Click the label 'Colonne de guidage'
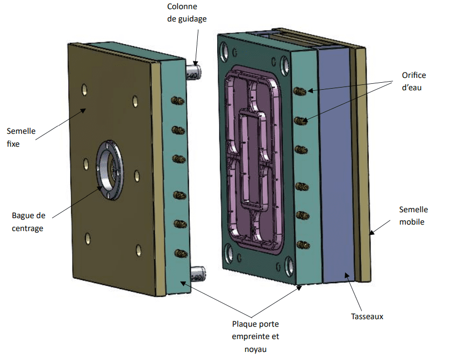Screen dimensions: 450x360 [x=187, y=12]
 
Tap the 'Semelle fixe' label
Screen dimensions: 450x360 [x=21, y=138]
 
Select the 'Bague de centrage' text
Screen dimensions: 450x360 [x=28, y=222]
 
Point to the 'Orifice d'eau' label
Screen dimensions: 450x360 [x=414, y=81]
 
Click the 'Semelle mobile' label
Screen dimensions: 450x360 [x=413, y=215]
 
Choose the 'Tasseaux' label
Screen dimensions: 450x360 [x=367, y=316]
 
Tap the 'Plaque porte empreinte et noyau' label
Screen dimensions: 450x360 [x=255, y=336]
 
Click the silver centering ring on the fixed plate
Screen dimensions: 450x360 [x=110, y=170]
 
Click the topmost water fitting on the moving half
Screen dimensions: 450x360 [x=300, y=91]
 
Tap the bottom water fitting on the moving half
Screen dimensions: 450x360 [x=303, y=245]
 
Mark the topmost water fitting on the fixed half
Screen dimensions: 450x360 [x=177, y=100]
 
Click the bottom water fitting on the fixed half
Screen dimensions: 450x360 [x=181, y=253]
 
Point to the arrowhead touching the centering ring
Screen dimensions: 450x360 [x=99, y=188]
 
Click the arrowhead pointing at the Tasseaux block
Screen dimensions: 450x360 [x=347, y=276]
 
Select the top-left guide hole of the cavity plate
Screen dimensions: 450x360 [x=224, y=52]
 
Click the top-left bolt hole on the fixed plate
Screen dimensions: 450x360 [x=84, y=90]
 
